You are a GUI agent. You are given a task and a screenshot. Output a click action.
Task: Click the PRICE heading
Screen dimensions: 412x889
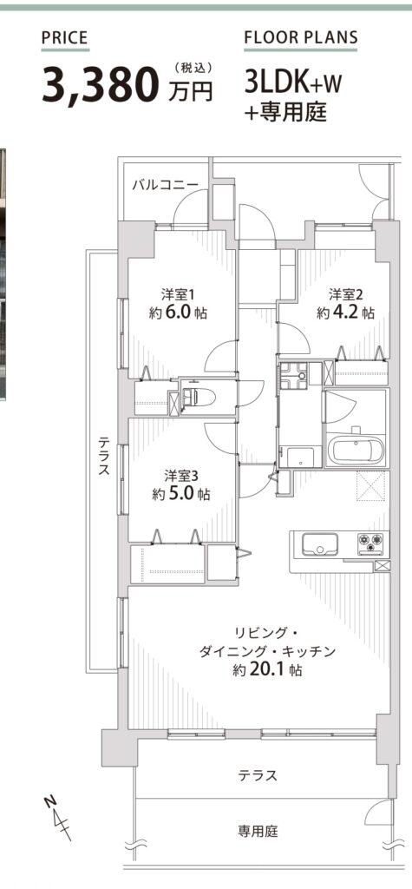pos(65,38)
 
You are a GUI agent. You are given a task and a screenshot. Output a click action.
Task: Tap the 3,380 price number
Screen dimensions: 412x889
pos(100,86)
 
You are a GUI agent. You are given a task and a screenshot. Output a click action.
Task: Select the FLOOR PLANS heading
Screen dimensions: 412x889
pos(301,38)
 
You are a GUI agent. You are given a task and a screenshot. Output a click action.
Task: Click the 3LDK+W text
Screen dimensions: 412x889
pos(293,84)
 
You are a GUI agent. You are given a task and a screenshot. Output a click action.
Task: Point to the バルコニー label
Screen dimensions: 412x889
pos(166,184)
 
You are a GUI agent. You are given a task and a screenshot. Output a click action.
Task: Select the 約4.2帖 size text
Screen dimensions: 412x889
pos(346,313)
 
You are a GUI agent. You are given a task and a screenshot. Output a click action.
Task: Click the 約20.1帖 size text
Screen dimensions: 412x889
pos(267,670)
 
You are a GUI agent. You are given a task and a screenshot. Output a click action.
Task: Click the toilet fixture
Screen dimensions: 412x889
pos(199,397)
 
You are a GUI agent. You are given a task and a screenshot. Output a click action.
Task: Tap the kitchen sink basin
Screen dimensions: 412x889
pos(319,544)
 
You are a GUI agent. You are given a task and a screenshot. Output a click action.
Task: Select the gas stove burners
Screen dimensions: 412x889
pos(370,543)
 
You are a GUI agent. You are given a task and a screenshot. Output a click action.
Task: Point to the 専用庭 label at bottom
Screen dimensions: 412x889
pos(258,832)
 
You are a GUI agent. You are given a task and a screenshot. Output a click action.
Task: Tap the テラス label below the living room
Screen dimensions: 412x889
pos(258,775)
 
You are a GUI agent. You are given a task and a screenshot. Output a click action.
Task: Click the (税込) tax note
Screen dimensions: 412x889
pos(193,68)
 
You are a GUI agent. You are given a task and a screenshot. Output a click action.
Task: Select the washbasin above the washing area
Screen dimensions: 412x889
pos(293,375)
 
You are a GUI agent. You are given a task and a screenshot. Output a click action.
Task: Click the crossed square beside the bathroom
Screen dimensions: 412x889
pos(371,487)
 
